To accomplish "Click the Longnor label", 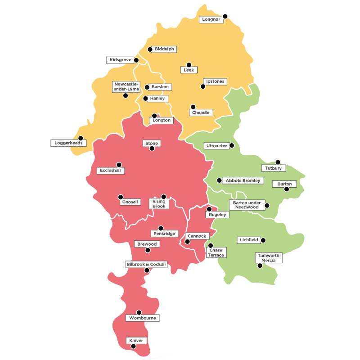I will tap(211, 20).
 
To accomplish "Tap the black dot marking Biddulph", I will tap(150, 49).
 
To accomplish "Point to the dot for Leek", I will tap(189, 65).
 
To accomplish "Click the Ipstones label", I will tap(214, 81).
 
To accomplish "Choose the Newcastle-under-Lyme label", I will tap(127, 86).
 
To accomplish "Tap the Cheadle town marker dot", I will tap(193, 107).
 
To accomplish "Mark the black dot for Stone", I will tap(152, 148).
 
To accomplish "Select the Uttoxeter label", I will tap(216, 146).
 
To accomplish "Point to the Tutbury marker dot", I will tap(278, 162).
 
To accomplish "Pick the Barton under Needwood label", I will tap(247, 205).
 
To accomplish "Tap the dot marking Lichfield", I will tap(263, 240).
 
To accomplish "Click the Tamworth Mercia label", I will tap(269, 258).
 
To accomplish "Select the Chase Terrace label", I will tap(216, 252).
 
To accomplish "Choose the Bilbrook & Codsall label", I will tap(146, 264).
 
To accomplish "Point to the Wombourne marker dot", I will tap(139, 312).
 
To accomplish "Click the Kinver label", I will tap(136, 341).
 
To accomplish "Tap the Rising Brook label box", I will tap(159, 204).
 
